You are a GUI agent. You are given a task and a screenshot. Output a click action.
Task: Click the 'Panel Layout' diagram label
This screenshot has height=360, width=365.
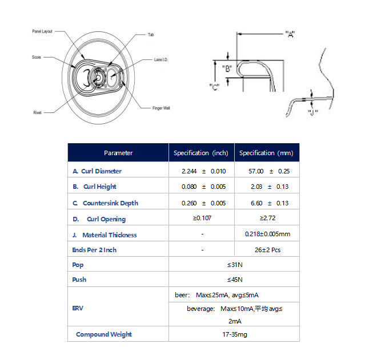click(42, 31)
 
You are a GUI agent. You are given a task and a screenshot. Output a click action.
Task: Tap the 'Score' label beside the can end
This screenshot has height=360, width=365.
click(36, 58)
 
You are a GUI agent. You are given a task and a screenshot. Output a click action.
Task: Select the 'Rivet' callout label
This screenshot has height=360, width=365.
click(37, 113)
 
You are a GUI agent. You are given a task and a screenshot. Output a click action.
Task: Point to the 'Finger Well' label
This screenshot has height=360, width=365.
click(161, 108)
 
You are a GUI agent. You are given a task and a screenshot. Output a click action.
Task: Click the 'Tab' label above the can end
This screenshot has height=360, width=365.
click(151, 35)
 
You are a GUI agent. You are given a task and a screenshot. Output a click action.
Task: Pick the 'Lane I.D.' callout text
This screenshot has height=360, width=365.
click(162, 59)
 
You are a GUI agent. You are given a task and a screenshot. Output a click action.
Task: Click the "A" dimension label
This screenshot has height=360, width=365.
click(289, 35)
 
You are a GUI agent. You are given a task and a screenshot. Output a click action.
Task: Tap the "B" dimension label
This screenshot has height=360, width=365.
click(227, 69)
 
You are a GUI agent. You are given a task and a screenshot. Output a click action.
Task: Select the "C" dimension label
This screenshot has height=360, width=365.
click(215, 87)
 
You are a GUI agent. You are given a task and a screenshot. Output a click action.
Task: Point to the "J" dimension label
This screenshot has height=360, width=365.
click(312, 111)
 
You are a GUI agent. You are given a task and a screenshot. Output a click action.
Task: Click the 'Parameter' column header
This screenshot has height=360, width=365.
click(118, 153)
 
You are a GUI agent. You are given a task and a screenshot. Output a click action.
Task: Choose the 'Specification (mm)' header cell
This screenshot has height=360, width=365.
click(266, 153)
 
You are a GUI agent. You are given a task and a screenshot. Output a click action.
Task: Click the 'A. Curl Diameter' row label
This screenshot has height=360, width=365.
click(97, 171)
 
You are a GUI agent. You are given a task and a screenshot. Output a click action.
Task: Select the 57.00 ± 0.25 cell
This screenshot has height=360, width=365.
click(267, 171)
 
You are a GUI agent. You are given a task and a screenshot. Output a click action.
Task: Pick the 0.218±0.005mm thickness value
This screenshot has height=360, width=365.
click(267, 234)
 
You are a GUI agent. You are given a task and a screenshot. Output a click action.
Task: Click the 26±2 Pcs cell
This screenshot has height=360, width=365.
click(267, 250)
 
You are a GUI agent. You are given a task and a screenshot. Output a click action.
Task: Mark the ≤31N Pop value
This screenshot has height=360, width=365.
click(234, 265)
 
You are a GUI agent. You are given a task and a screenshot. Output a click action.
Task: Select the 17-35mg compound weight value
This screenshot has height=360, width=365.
click(234, 334)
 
